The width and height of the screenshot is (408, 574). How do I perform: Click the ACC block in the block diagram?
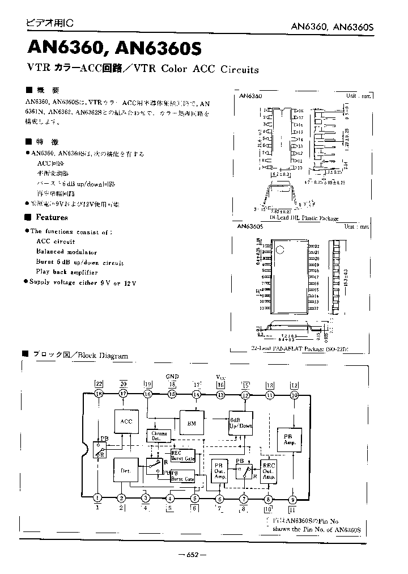pyautogui.click(x=126, y=421)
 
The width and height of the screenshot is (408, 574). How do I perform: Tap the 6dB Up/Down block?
pyautogui.click(x=240, y=422)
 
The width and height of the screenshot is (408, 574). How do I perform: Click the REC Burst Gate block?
pyautogui.click(x=182, y=455)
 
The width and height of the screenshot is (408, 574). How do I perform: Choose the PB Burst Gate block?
pyautogui.click(x=182, y=475)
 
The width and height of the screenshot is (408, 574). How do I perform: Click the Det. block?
pyautogui.click(x=126, y=470)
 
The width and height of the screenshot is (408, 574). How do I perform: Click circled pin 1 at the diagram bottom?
pyautogui.click(x=98, y=499)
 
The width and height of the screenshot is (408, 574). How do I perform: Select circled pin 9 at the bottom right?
pyautogui.click(x=293, y=499)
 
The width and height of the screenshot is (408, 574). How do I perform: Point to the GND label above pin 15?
pyautogui.click(x=172, y=376)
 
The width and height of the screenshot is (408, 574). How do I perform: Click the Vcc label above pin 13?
pyautogui.click(x=221, y=376)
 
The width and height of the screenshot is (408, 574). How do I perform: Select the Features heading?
pyautogui.click(x=52, y=217)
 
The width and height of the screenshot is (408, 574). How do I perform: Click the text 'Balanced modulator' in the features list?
pyautogui.click(x=66, y=252)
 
